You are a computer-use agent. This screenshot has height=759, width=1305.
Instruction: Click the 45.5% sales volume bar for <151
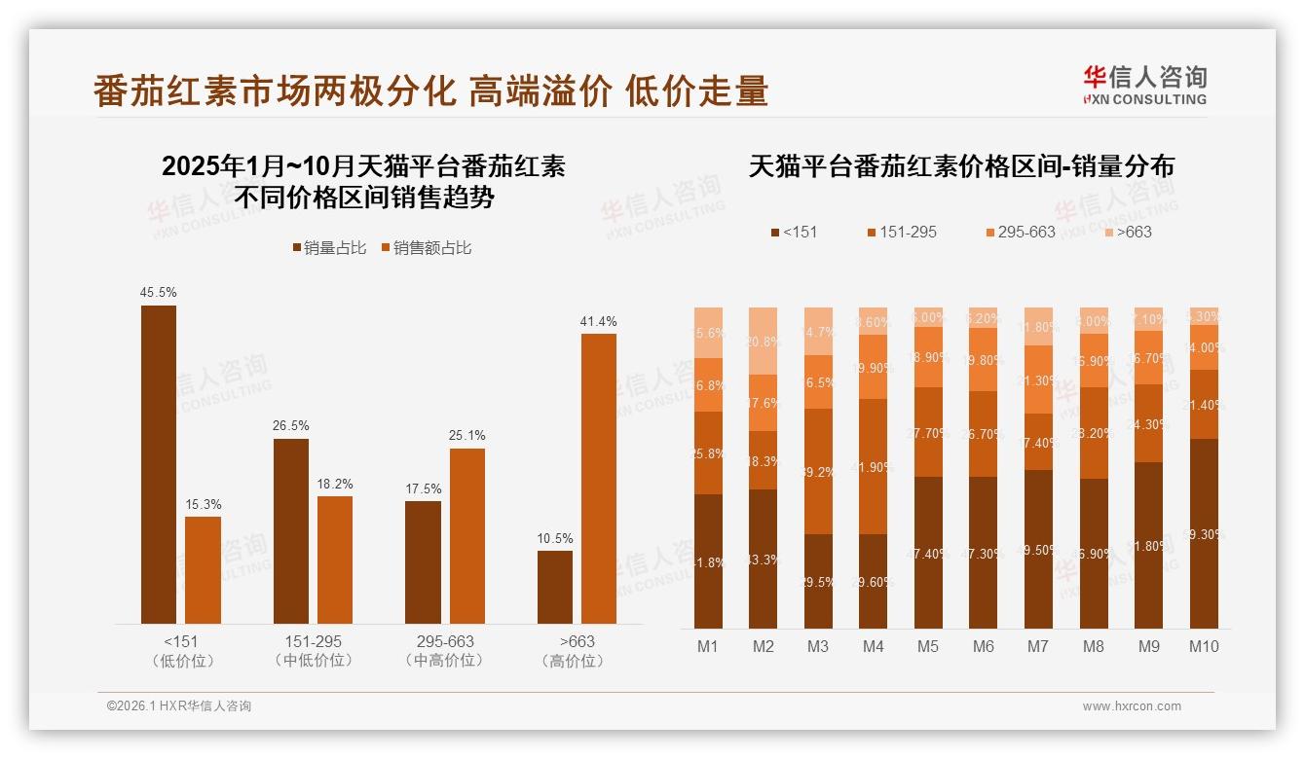coord(159,464)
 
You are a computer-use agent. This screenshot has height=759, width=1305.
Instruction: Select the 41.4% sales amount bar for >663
coord(599,478)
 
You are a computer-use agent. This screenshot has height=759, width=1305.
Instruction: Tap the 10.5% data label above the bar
coord(555,538)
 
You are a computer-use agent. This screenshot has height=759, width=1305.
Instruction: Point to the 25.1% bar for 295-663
coord(467,535)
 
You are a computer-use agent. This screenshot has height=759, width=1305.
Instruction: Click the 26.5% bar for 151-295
coord(291,530)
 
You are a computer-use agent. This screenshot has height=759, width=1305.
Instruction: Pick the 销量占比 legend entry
coord(329,248)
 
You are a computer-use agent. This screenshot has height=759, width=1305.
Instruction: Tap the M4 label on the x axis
coord(874,646)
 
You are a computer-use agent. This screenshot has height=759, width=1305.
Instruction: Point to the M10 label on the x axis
coord(1204,646)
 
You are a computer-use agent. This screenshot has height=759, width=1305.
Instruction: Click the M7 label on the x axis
coord(1038,646)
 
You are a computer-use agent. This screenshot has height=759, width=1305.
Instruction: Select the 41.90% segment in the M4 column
coord(874,466)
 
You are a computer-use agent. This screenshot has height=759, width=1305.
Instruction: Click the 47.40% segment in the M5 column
coord(928,552)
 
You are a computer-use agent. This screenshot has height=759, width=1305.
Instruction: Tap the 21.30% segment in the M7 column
coord(1038,379)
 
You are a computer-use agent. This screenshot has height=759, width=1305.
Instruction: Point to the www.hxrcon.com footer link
coord(1132,706)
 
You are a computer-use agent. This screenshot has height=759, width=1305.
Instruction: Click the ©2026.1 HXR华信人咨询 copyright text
coord(179,706)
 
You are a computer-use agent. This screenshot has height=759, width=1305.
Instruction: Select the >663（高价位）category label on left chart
coord(577,651)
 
